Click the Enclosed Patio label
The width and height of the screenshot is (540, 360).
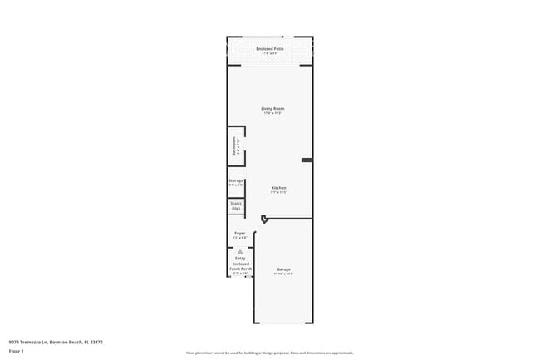pyautogui.click(x=270, y=48)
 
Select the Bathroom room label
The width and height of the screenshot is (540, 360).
pyautogui.click(x=235, y=145)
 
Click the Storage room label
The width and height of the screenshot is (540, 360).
pyautogui.click(x=236, y=180)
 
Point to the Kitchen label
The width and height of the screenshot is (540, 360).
pyautogui.click(x=279, y=188)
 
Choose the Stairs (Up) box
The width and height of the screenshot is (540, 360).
pyautogui.click(x=236, y=205)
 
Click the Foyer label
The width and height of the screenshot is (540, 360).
pyautogui.click(x=239, y=234)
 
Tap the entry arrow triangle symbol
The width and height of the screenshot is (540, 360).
pyautogui.click(x=240, y=250)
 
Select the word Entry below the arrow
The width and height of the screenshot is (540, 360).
pyautogui.click(x=240, y=258)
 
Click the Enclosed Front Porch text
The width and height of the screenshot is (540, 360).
pyautogui.click(x=240, y=266)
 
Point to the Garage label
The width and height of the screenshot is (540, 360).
pyautogui.click(x=283, y=269)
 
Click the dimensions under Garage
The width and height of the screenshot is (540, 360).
pyautogui.click(x=283, y=274)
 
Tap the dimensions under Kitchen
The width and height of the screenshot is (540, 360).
pyautogui.click(x=279, y=193)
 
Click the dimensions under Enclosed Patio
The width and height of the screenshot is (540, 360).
pyautogui.click(x=270, y=53)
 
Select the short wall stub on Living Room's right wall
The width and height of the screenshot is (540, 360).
pyautogui.click(x=307, y=160)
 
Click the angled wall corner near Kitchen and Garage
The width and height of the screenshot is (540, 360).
pyautogui.click(x=264, y=219)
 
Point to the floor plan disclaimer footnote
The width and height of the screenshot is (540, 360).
pyautogui.click(x=269, y=353)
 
